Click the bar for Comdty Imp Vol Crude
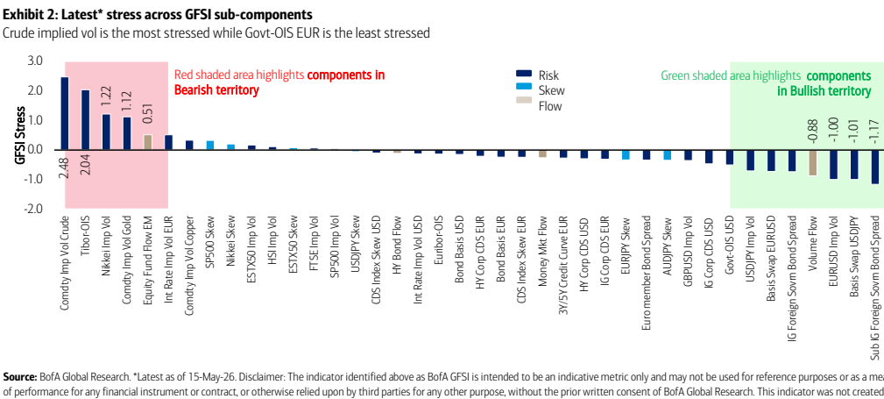pyautogui.click(x=64, y=113)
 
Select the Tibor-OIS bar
pyautogui.click(x=85, y=120)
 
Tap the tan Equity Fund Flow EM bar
pyautogui.click(x=147, y=142)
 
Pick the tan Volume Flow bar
pyautogui.click(x=813, y=162)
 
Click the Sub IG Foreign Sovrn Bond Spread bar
pyautogui.click(x=875, y=167)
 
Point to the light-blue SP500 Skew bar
pyautogui.click(x=209, y=146)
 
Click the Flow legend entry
pyautogui.click(x=540, y=105)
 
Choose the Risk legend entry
pyautogui.click(x=538, y=75)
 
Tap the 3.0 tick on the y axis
pyautogui.click(x=35, y=61)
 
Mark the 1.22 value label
pyautogui.click(x=106, y=97)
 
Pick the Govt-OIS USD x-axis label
pyautogui.click(x=730, y=241)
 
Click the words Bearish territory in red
pyautogui.click(x=216, y=90)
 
